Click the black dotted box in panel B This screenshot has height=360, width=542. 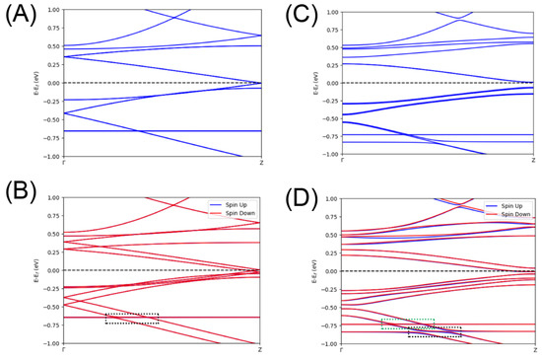coord(132,319)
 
